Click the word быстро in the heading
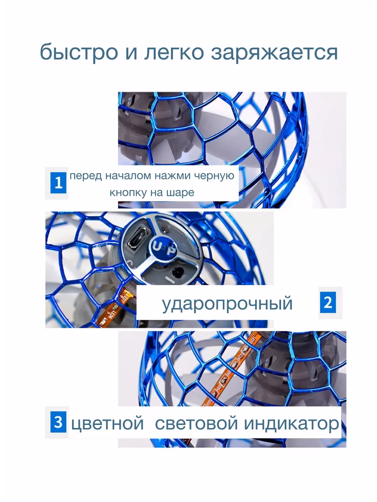(79, 52)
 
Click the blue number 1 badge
(58, 183)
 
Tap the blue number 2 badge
(328, 302)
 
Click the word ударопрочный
(227, 304)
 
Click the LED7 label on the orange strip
(124, 298)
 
